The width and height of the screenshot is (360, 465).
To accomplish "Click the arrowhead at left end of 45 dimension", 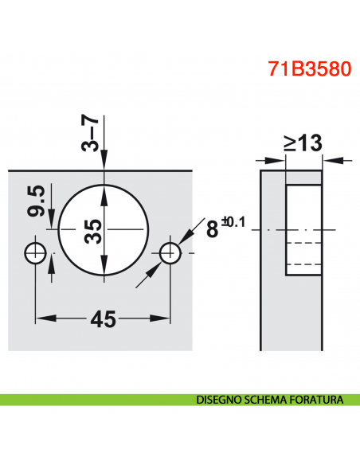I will (41, 319).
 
